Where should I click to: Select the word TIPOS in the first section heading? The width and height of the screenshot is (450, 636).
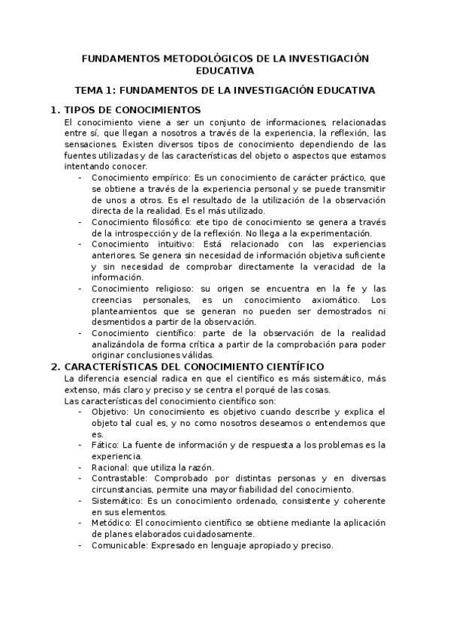(x=80, y=109)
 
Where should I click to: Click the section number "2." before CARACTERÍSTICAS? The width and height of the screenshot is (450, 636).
(x=55, y=367)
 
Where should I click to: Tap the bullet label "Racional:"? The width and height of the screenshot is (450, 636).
(x=111, y=467)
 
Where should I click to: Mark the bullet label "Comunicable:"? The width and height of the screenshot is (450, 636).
(x=119, y=545)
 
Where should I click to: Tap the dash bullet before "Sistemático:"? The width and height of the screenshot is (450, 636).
(x=80, y=501)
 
